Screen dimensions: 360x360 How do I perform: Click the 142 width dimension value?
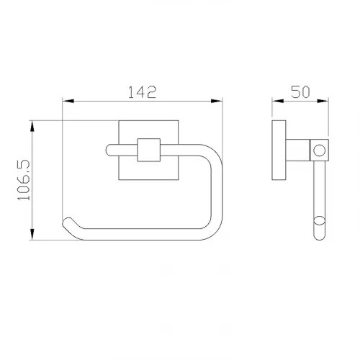click(142, 92)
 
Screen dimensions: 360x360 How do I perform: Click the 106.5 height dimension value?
click(24, 180)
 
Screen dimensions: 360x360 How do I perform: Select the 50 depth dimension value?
click(300, 91)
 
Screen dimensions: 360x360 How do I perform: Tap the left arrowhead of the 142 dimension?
click(68, 101)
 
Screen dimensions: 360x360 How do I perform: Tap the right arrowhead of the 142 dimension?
click(217, 101)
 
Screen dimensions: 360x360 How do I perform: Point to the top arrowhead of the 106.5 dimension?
click(32, 126)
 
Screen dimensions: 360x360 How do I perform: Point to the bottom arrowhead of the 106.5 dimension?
click(32, 234)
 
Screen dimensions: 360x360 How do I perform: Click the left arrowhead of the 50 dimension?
click(278, 101)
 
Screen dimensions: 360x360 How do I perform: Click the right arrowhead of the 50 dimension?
click(323, 101)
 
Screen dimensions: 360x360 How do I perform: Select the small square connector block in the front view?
click(148, 150)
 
